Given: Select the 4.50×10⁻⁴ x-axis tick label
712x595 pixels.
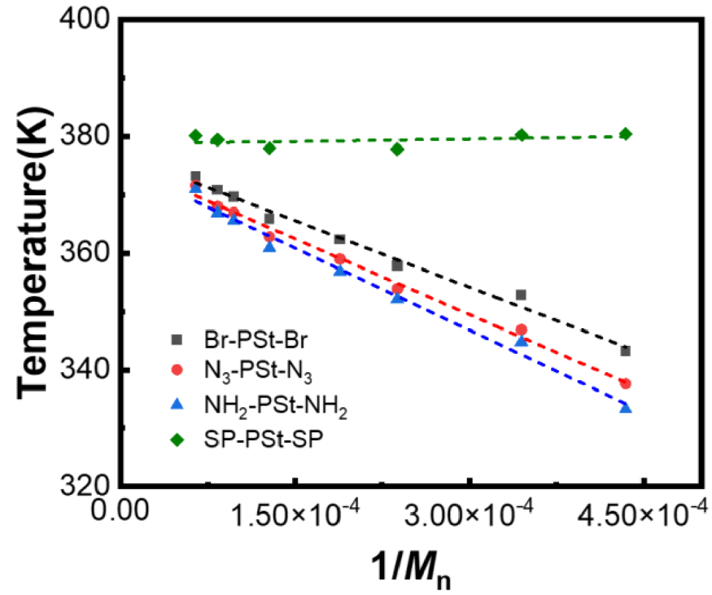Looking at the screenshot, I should (642, 512).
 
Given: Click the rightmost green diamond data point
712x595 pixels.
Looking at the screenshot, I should (626, 134).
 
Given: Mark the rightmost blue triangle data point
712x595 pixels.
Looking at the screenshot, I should (626, 408).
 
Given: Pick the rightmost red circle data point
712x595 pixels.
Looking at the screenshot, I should (626, 383).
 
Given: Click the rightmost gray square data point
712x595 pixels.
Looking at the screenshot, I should (626, 351).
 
